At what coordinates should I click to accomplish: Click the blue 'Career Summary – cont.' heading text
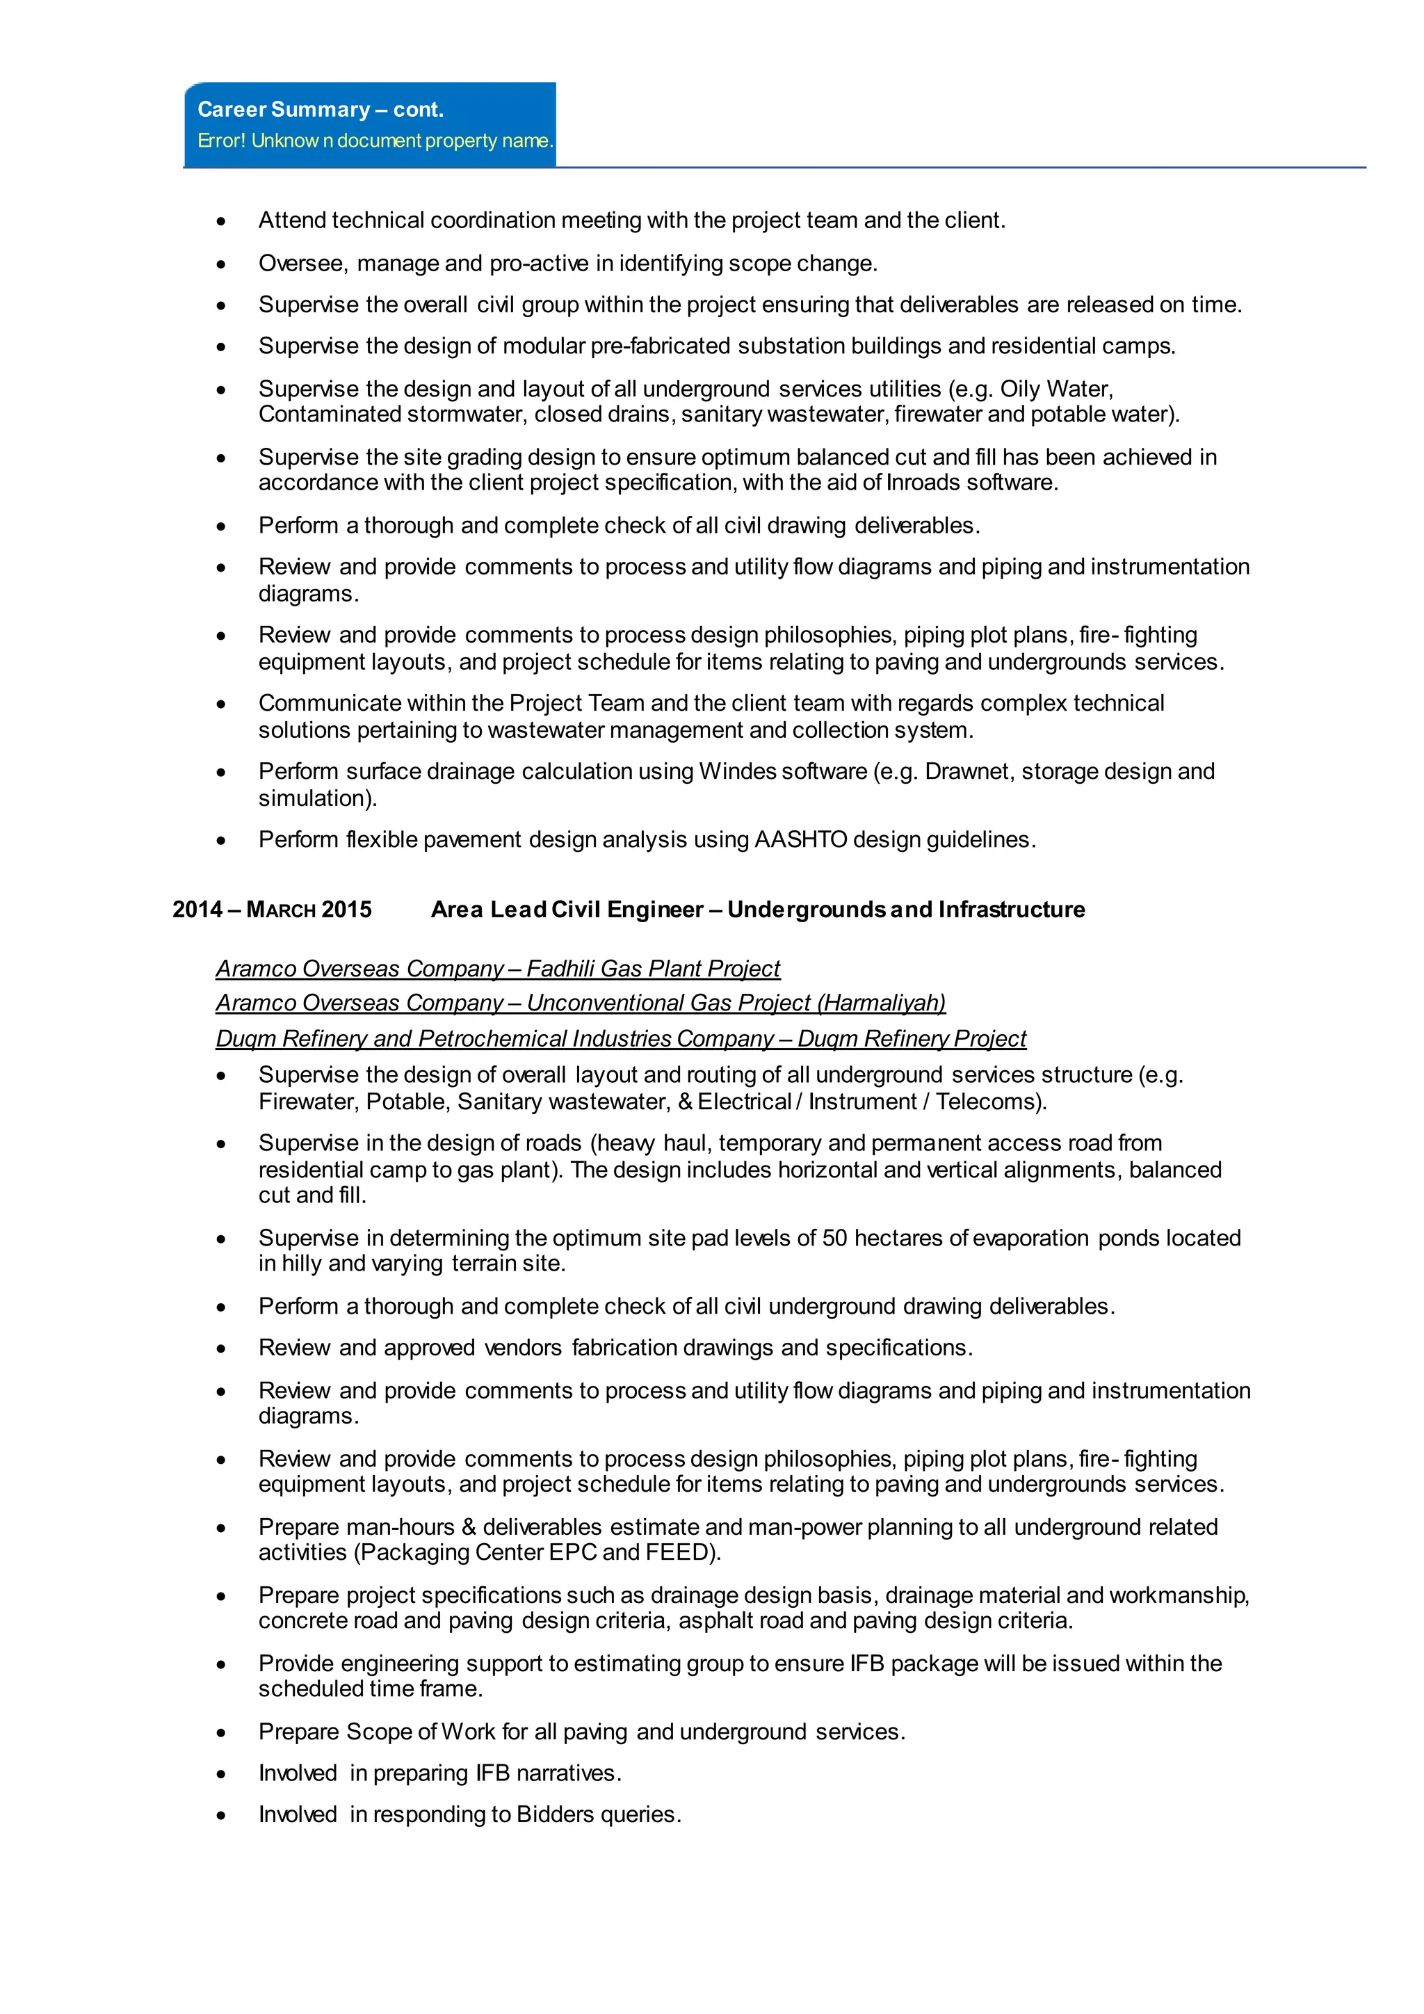coord(320,110)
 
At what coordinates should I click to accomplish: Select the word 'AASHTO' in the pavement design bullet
coord(800,839)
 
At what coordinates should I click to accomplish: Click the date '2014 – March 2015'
coord(272,910)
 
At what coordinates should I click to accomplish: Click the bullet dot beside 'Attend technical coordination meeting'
coord(221,221)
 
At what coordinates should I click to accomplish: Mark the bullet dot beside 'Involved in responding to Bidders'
coord(221,1816)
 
